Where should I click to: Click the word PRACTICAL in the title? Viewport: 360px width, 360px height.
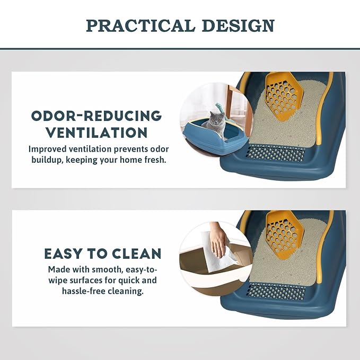tap(141, 25)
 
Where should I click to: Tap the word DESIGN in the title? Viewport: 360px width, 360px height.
tap(238, 25)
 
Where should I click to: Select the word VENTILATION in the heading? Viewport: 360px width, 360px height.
tap(96, 133)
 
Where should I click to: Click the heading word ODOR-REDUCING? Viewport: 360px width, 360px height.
tap(96, 116)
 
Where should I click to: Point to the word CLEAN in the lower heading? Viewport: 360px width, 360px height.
tap(137, 254)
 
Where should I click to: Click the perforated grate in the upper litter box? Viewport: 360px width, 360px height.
tap(275, 153)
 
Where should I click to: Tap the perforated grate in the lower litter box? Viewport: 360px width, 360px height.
tap(276, 292)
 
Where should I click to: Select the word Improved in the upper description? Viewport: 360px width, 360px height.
tap(48, 149)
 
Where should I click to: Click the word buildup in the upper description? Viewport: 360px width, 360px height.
tap(47, 160)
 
